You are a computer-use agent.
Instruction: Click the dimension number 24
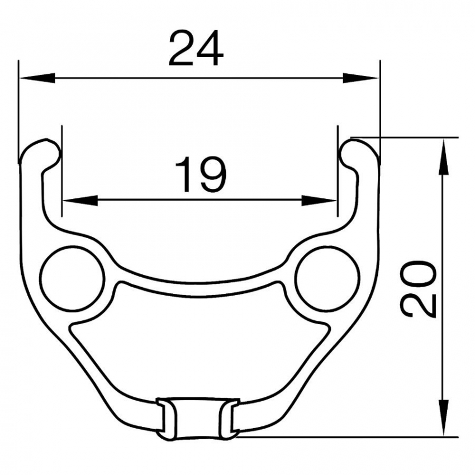[196, 48]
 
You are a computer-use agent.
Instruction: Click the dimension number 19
[201, 174]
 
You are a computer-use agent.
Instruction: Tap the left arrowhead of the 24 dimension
[37, 78]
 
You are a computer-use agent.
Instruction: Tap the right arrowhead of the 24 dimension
[361, 78]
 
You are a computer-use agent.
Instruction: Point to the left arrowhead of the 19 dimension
[80, 200]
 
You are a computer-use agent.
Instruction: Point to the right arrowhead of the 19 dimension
[319, 200]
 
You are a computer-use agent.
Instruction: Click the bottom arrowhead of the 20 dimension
[444, 418]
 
